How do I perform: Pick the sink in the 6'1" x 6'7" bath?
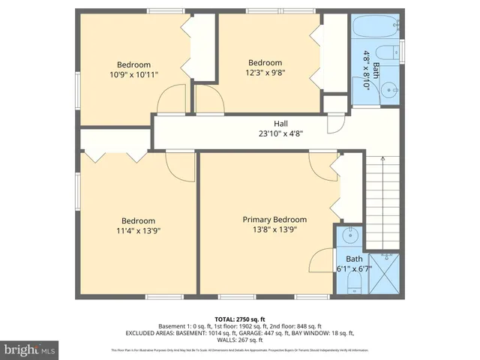[x=350, y=237]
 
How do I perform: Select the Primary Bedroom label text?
[x=274, y=219]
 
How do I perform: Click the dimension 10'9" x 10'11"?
[x=133, y=74]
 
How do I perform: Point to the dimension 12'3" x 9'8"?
[x=265, y=73]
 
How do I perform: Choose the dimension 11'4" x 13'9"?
[x=139, y=231]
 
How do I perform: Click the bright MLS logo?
[x=30, y=349]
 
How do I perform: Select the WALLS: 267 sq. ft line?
[x=239, y=339]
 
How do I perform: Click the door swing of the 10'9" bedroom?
[x=172, y=99]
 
